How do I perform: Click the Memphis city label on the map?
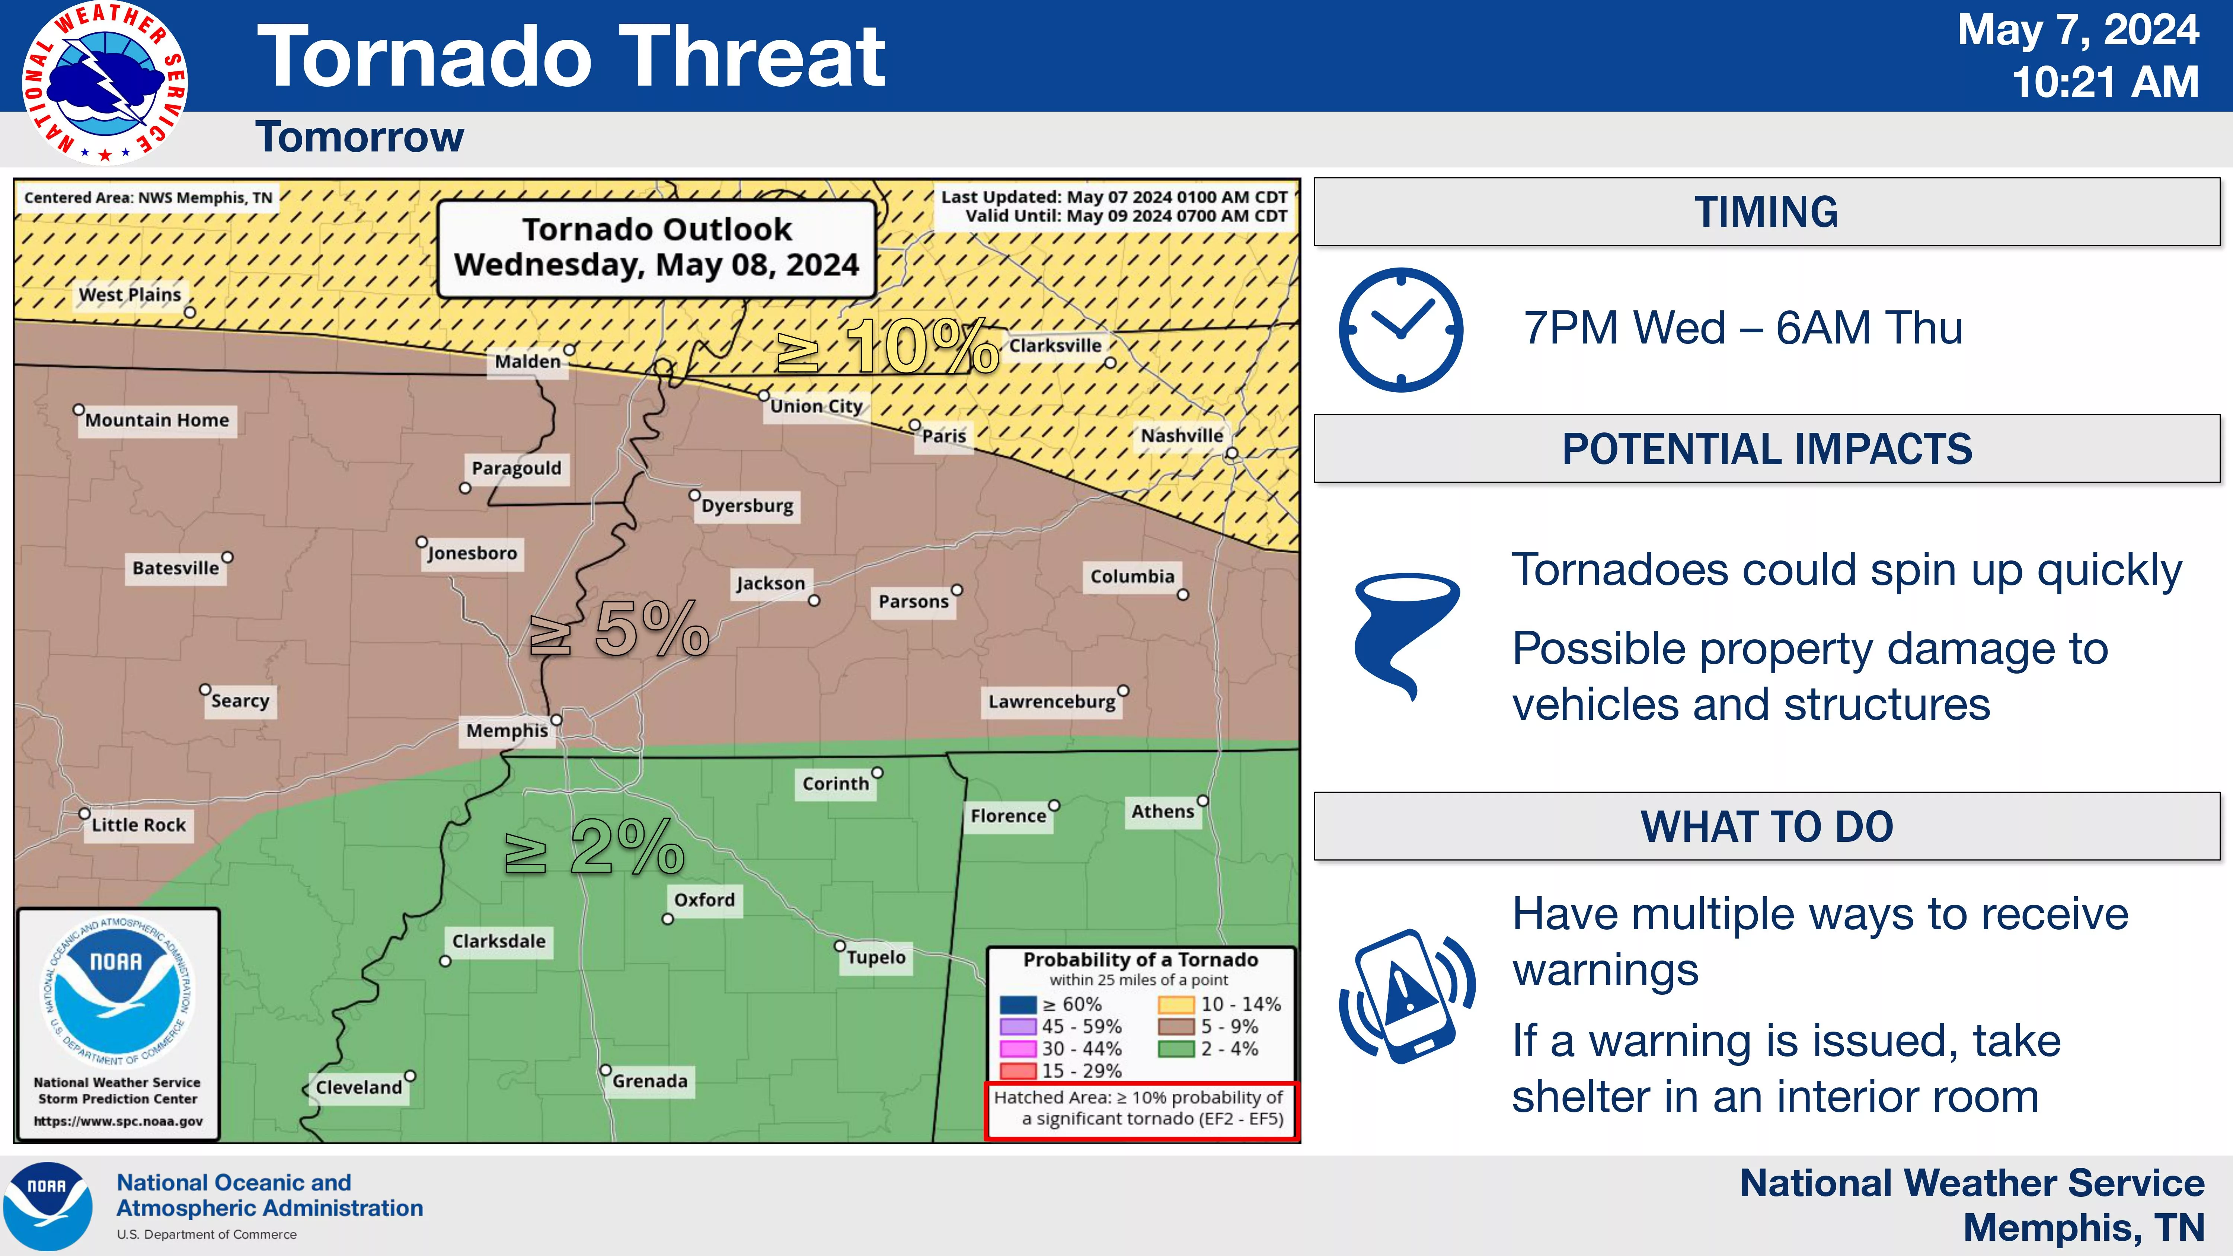coord(507,731)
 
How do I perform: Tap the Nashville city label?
coord(1182,435)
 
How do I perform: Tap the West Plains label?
coord(130,295)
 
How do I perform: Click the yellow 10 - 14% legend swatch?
coord(1176,1005)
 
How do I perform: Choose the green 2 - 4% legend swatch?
coord(1176,1049)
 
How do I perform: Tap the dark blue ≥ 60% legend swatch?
coord(1018,1005)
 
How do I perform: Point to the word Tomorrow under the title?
coord(360,137)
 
